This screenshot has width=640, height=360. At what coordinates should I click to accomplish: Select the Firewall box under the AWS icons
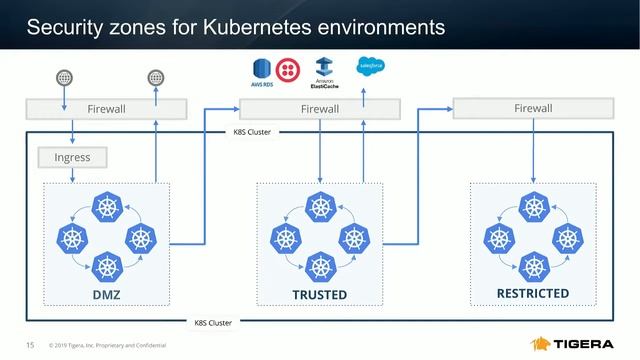pos(319,108)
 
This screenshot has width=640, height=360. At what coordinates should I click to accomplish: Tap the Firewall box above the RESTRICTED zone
pos(532,107)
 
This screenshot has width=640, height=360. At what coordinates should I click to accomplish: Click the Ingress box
pos(71,157)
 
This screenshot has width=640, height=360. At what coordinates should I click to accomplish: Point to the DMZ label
pos(106,295)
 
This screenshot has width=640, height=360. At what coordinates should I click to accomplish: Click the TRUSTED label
pos(319,295)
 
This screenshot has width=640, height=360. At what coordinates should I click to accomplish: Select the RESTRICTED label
pos(532,294)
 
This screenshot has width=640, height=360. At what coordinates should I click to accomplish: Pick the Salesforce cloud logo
pos(371,67)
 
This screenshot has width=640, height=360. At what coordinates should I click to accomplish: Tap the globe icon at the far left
pos(65,77)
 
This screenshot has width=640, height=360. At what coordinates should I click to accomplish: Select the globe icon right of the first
pos(155,77)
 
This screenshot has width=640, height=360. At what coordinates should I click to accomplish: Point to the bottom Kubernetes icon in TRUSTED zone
pos(319,266)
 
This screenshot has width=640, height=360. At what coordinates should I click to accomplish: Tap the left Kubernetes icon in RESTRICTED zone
pos(498,238)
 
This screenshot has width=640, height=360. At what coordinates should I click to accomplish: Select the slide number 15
pos(30,345)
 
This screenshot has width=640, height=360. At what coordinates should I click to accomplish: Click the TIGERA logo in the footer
pos(580,344)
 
